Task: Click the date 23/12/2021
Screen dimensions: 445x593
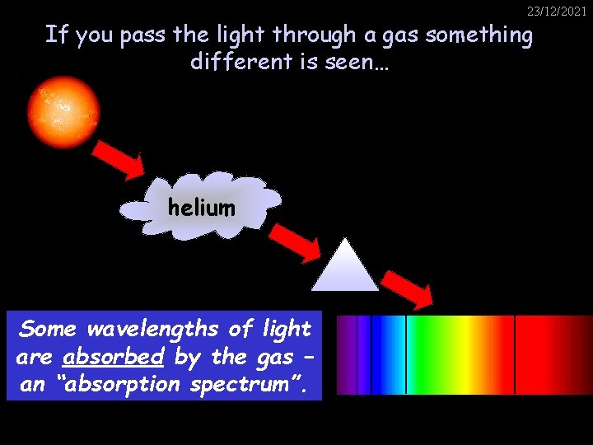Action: click(x=557, y=11)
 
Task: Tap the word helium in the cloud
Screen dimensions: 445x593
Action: click(x=201, y=208)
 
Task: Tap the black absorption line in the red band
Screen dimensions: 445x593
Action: click(x=515, y=354)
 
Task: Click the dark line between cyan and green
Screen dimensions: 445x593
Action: click(x=406, y=354)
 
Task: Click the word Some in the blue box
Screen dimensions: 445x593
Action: click(x=48, y=329)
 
